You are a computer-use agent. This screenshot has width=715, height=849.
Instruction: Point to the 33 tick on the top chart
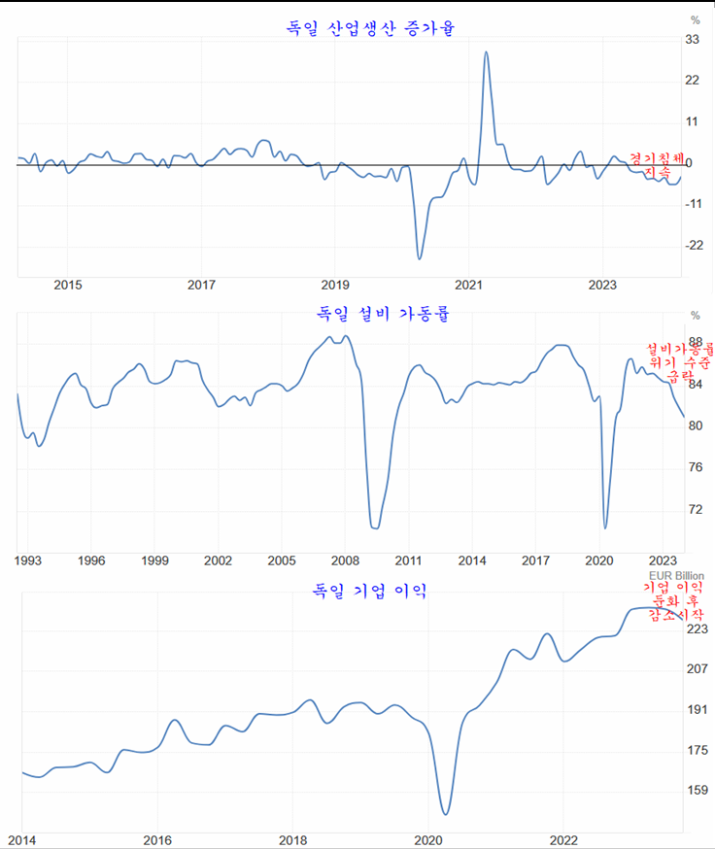coord(694,40)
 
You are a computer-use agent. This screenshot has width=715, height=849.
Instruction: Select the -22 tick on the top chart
coord(693,245)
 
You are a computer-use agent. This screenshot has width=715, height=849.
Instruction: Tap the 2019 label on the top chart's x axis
coord(334,285)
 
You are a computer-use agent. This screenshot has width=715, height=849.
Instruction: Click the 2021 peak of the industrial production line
coord(486,52)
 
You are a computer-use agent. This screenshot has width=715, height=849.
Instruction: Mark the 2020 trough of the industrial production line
coord(420,258)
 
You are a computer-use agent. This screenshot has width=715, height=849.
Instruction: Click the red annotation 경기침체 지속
coord(657,164)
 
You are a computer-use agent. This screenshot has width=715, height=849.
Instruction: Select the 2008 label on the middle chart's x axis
coord(345,560)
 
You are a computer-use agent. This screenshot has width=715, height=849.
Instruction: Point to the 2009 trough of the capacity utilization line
coord(375,527)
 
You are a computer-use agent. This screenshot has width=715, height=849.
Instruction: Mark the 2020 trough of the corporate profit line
coord(445,814)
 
